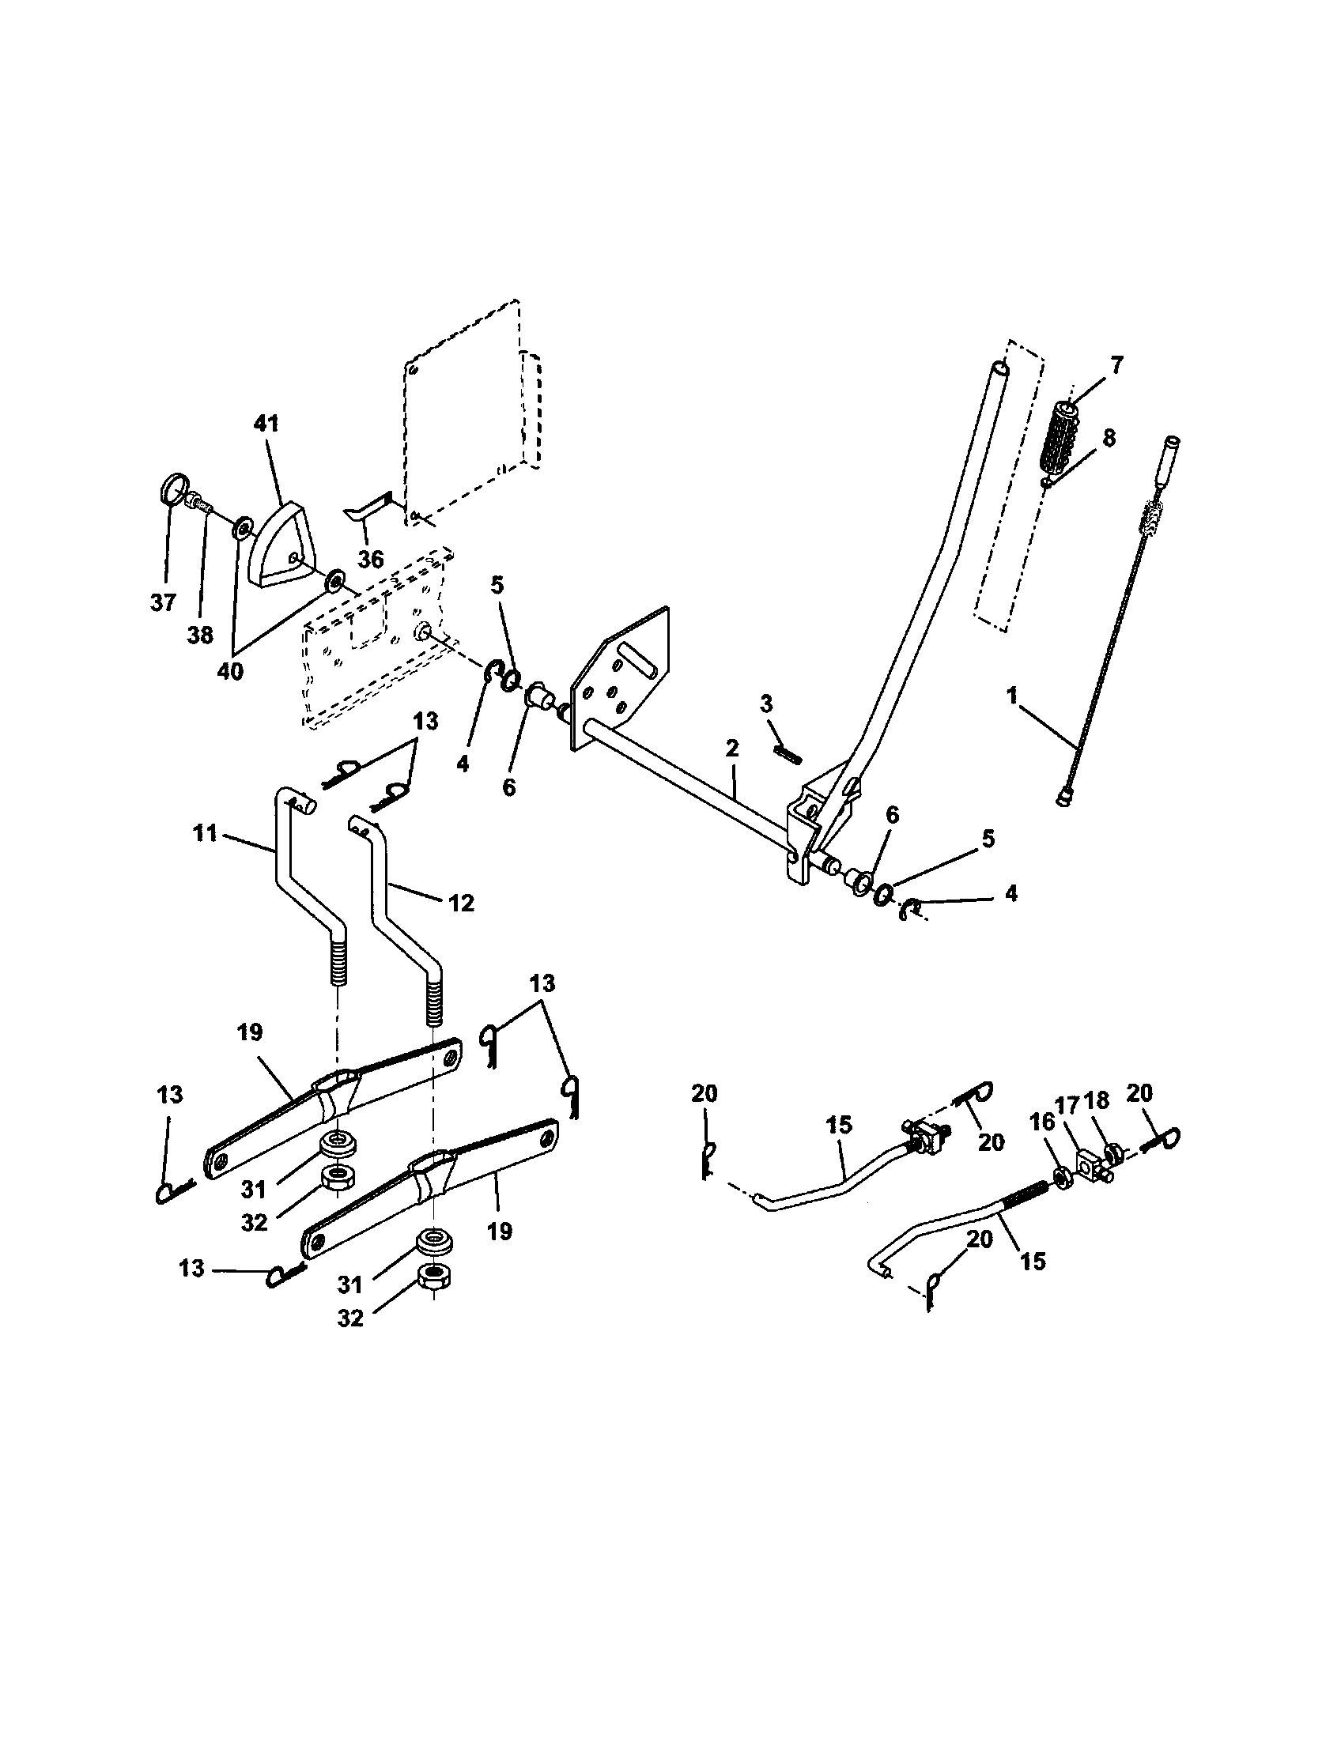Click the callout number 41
click(266, 424)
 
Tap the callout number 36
click(370, 559)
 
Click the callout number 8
click(1109, 437)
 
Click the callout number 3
click(766, 704)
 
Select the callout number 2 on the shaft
click(732, 749)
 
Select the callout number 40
click(230, 671)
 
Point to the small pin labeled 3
click(788, 752)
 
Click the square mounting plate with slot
click(621, 677)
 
